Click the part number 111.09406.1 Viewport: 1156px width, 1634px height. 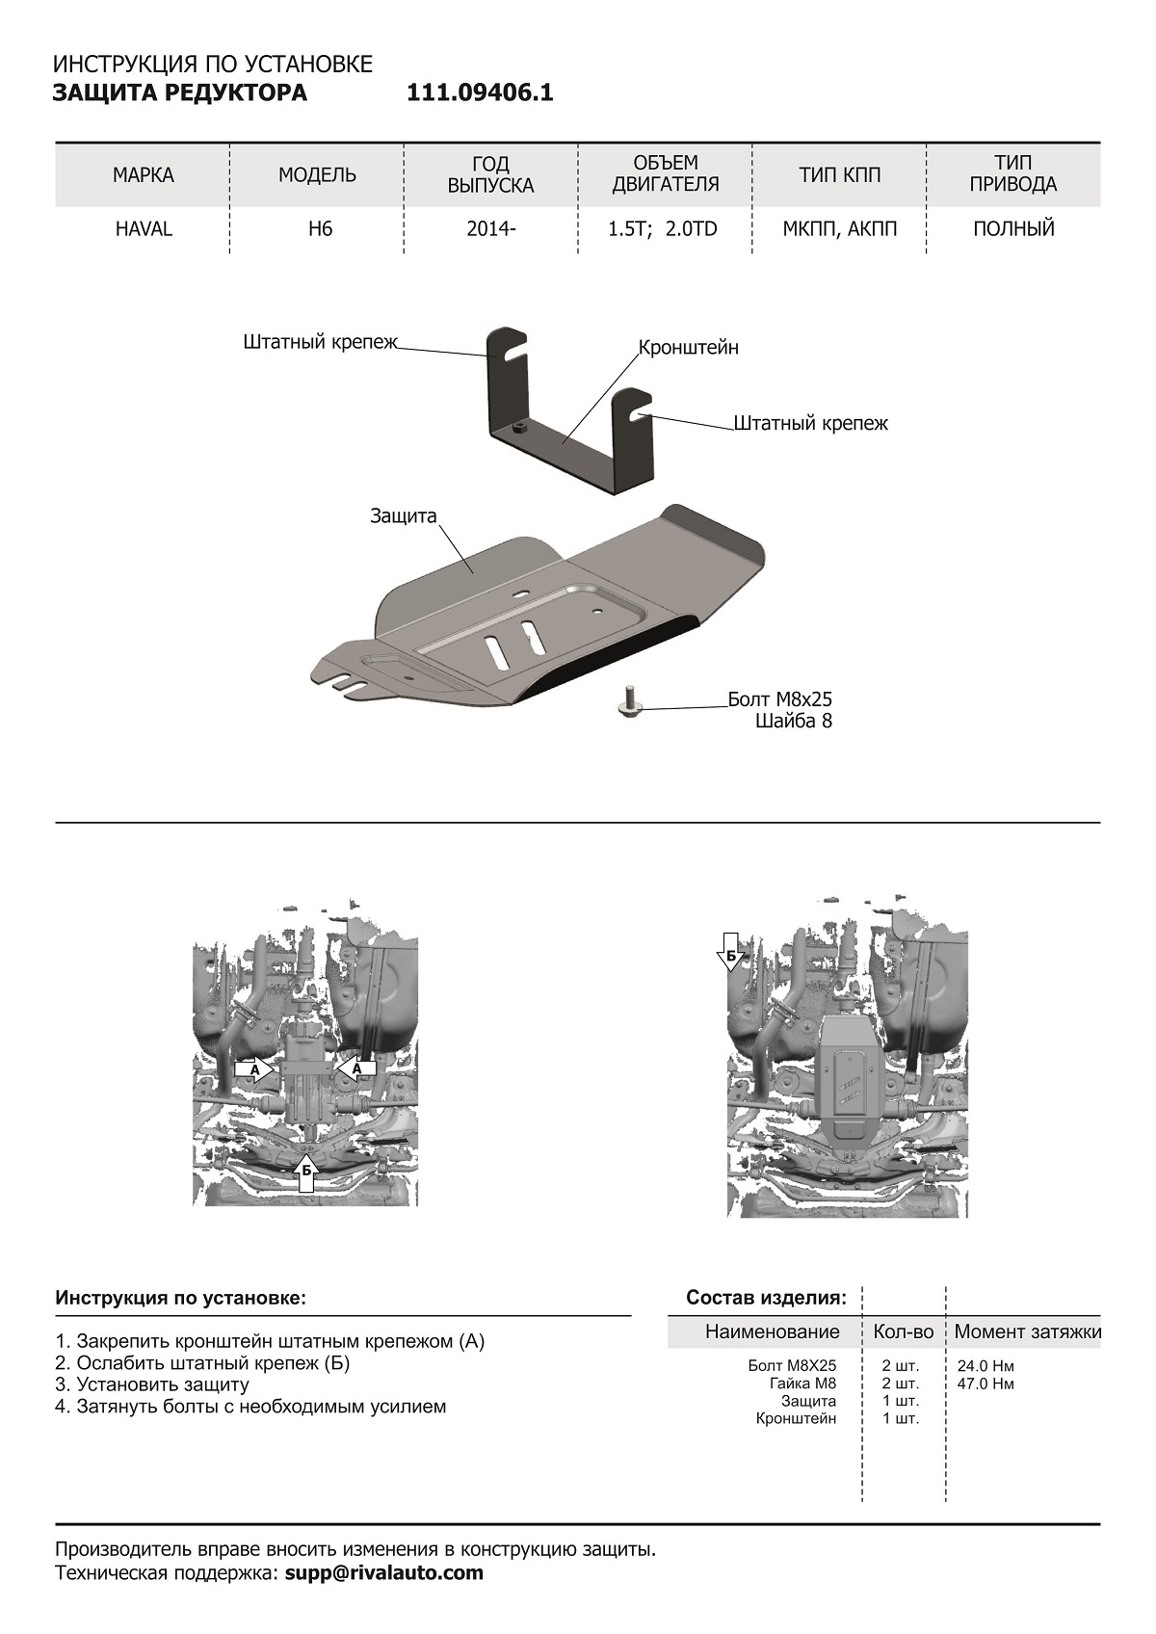click(480, 93)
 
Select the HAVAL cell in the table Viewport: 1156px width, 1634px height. click(144, 229)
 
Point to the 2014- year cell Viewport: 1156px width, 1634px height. click(491, 229)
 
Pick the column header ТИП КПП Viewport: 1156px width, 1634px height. click(839, 175)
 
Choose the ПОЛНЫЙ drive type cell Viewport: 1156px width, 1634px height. click(1013, 229)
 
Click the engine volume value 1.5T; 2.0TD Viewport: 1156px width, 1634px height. click(666, 229)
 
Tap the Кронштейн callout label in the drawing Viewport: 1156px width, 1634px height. click(689, 347)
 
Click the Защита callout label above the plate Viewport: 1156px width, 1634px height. click(404, 516)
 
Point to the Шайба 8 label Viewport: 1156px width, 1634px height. click(794, 720)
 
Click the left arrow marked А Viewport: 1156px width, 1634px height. click(250, 1069)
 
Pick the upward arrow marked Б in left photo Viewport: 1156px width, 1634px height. click(306, 1169)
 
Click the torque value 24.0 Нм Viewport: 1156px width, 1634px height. click(985, 1366)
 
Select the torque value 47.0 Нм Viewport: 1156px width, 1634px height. click(985, 1384)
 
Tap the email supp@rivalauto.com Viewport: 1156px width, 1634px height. click(384, 1573)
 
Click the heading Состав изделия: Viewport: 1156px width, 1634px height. click(766, 1298)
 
